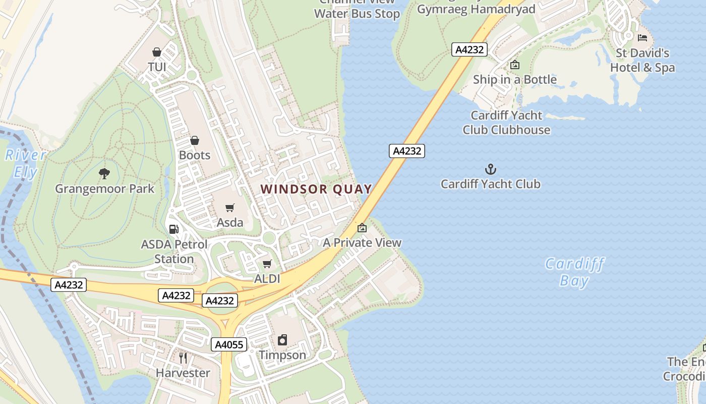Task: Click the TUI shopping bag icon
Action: click(157, 52)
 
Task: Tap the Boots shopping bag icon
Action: click(195, 140)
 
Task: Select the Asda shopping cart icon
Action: click(230, 208)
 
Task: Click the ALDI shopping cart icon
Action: click(267, 264)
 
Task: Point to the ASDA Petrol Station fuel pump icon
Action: click(173, 229)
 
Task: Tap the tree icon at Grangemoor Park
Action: click(104, 174)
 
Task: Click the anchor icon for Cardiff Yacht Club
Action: click(490, 169)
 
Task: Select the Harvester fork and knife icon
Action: click(183, 358)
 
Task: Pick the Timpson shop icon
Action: click(282, 340)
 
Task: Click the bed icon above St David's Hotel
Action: click(642, 38)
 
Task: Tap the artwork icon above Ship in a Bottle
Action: click(514, 65)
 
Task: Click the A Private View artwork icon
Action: click(362, 228)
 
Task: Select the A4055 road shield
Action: click(228, 345)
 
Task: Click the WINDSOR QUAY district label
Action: click(316, 189)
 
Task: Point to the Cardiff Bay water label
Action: click(574, 272)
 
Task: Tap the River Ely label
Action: click(25, 163)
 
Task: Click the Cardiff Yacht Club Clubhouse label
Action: click(506, 123)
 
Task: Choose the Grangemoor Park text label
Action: click(104, 189)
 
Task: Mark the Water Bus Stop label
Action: click(357, 14)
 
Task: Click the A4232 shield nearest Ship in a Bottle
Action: click(469, 49)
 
